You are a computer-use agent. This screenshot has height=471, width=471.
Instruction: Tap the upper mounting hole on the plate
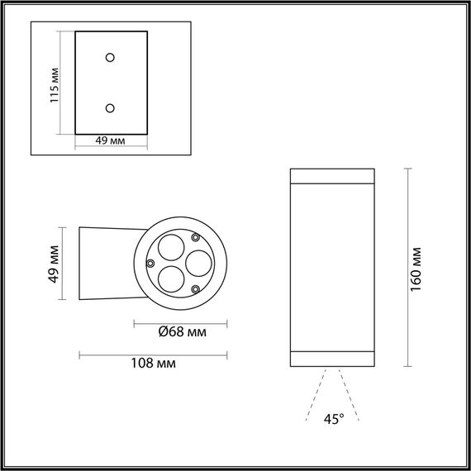[110, 57]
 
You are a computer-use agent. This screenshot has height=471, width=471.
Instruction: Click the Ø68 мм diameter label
[182, 333]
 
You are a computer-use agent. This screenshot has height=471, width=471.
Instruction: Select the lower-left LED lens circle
[170, 279]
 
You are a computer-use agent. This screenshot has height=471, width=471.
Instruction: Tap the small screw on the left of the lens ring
[150, 263]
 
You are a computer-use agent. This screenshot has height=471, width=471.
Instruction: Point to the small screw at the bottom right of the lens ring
[195, 288]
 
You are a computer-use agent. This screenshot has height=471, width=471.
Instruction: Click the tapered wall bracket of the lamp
[103, 263]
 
